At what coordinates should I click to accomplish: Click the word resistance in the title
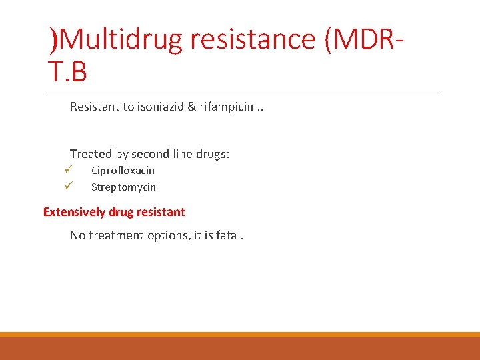[x=251, y=40]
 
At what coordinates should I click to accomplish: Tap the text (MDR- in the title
[x=363, y=40]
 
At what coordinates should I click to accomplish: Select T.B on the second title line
[x=67, y=72]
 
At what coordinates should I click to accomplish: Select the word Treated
[x=91, y=154]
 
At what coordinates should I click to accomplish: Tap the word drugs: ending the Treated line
[x=213, y=154]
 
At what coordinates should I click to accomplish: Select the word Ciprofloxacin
[x=123, y=171]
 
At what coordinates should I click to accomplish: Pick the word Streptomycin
[x=123, y=187]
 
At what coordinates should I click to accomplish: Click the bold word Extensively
[x=74, y=212]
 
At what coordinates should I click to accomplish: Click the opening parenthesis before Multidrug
[x=53, y=40]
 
